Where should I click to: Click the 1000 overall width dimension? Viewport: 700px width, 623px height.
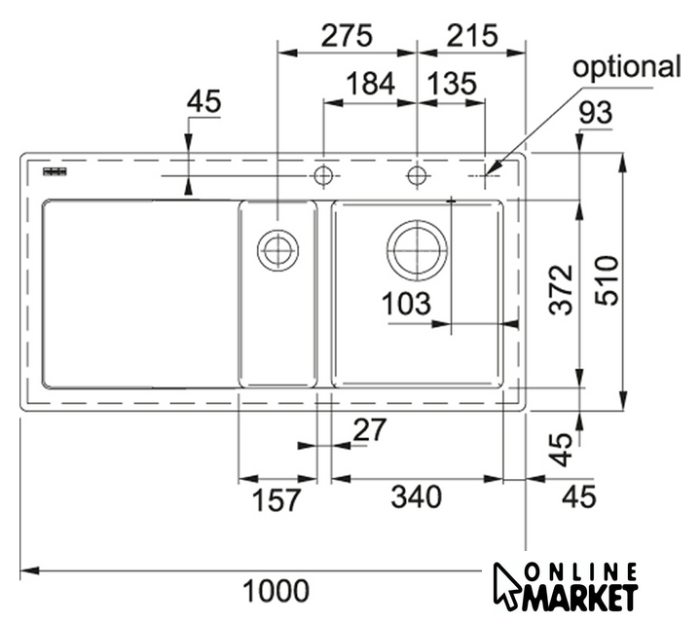point(276,591)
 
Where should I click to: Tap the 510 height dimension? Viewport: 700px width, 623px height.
point(608,280)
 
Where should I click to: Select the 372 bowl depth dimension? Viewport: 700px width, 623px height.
point(561,290)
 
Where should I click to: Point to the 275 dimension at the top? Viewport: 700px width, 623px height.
point(347,36)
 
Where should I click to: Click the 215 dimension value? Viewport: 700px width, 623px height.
point(472,36)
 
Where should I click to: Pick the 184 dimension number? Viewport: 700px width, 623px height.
point(371,84)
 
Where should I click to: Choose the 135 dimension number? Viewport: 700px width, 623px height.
point(452,84)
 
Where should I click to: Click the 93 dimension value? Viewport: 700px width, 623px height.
point(596,113)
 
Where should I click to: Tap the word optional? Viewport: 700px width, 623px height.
point(627,67)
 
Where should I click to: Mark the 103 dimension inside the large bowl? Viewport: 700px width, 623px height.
point(406,304)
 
